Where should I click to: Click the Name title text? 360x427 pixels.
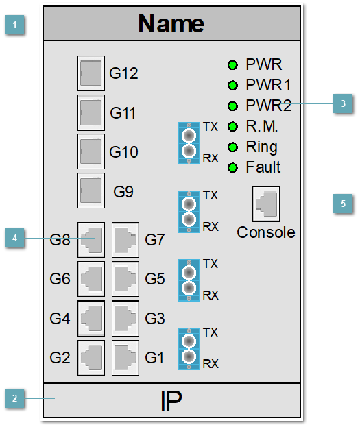click(171, 24)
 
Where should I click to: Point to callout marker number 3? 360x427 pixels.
click(342, 104)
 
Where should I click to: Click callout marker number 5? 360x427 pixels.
click(342, 204)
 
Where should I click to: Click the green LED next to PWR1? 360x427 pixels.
click(232, 86)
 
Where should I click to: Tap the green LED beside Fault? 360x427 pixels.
click(232, 168)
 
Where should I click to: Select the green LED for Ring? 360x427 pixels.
click(232, 147)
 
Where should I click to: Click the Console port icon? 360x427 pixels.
click(265, 204)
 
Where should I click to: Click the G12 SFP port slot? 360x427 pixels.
click(91, 73)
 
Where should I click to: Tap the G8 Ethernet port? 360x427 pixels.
click(91, 239)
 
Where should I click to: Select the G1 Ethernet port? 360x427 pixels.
click(125, 357)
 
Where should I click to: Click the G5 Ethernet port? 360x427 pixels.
click(125, 279)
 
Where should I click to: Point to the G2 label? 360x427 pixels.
click(60, 358)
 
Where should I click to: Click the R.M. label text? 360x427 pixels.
click(262, 127)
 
